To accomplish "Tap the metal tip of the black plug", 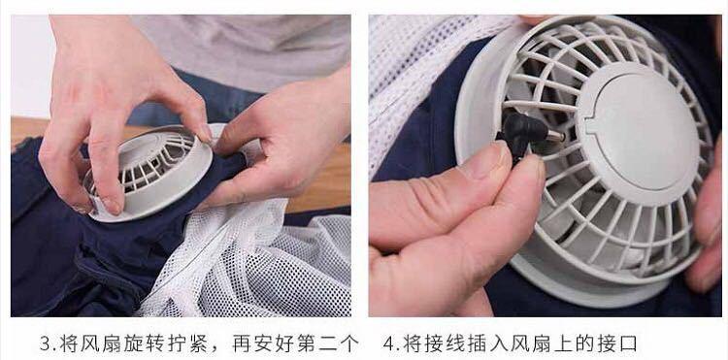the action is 556,137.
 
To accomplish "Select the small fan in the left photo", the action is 149,172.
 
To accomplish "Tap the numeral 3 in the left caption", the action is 46,344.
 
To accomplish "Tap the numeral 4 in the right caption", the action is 388,344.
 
